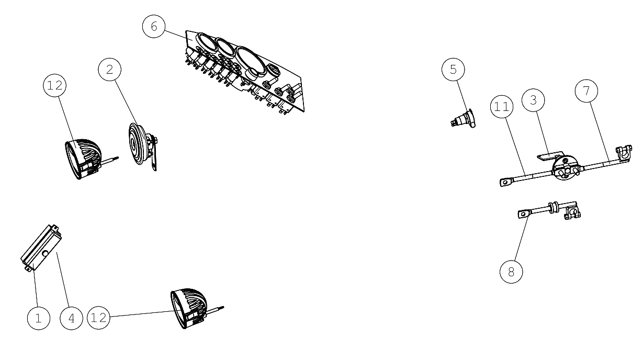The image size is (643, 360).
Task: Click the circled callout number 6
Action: [x=154, y=26]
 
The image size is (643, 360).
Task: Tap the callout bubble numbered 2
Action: [x=110, y=70]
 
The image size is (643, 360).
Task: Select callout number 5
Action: [x=453, y=70]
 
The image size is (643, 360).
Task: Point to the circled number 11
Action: [x=502, y=107]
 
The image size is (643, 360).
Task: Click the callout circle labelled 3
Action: [x=533, y=100]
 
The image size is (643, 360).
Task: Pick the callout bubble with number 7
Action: [x=586, y=91]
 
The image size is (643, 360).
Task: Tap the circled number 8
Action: [x=511, y=272]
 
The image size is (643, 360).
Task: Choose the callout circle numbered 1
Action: [x=39, y=318]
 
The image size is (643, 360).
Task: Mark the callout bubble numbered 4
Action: [x=72, y=318]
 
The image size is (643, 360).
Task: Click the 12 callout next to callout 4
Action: [x=98, y=318]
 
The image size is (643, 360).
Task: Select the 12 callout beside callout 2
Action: [x=55, y=85]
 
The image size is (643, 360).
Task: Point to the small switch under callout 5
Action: [x=462, y=119]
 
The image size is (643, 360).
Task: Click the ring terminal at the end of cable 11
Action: [x=506, y=182]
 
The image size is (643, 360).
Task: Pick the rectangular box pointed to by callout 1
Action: [x=41, y=248]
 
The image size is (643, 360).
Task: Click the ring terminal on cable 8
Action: [x=524, y=214]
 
